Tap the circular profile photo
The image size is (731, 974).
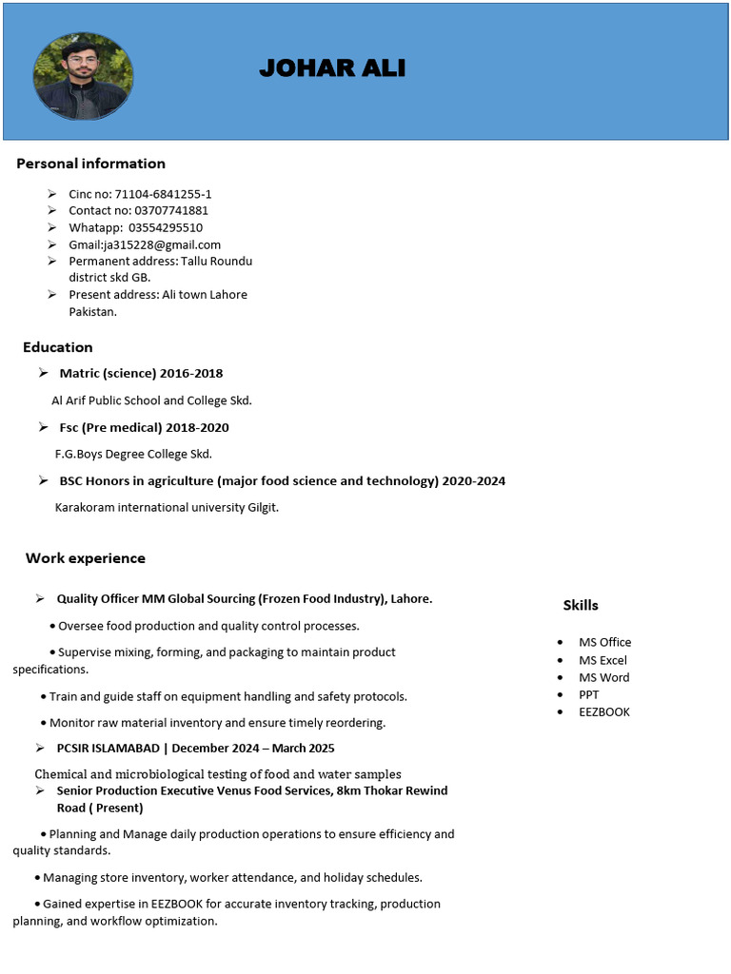[83, 75]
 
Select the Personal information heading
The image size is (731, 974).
[90, 164]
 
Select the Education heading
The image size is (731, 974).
[58, 347]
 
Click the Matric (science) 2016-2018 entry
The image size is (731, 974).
[141, 373]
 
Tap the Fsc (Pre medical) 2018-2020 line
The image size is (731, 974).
[144, 427]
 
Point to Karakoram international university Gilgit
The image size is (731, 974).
[167, 507]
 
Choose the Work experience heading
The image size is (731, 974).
[86, 558]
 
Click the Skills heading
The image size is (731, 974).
[581, 605]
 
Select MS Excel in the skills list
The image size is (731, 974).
[603, 660]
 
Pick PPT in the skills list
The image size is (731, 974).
[589, 694]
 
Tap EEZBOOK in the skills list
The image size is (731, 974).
[604, 711]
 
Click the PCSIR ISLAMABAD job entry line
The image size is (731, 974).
[195, 748]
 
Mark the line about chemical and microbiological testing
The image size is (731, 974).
[218, 774]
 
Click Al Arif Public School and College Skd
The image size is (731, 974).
[151, 400]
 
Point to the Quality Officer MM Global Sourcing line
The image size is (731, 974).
[245, 598]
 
